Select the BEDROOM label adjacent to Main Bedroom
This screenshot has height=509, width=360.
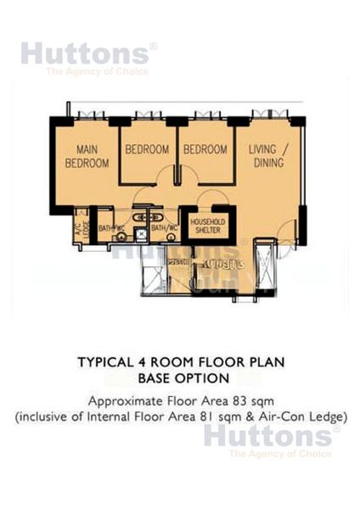(x=147, y=149)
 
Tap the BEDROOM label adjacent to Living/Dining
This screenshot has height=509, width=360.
(x=205, y=149)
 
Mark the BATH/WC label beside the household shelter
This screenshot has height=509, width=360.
(x=163, y=228)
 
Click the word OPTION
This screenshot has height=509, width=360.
(x=203, y=378)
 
